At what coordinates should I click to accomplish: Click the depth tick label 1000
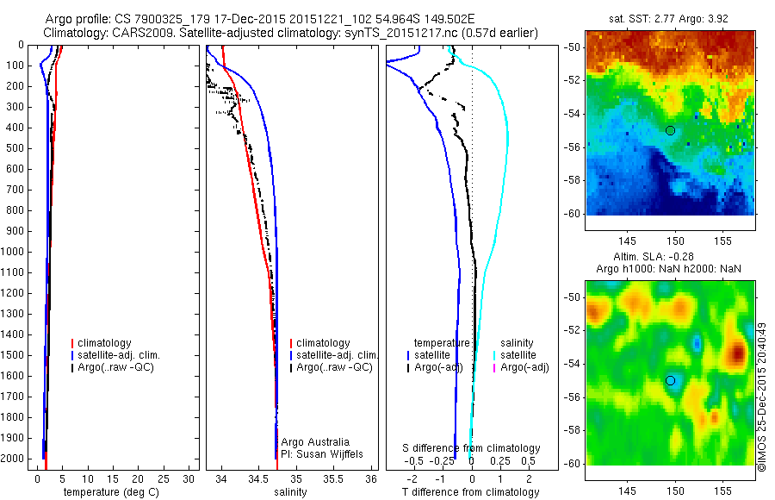point(13,252)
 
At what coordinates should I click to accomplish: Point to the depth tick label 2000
point(13,459)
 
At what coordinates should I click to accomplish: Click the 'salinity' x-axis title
point(289,492)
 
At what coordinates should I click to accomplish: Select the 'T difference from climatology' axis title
point(471,492)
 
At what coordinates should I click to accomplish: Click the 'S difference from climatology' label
point(472,448)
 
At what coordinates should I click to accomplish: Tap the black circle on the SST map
point(670,130)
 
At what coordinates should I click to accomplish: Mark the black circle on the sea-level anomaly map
point(670,380)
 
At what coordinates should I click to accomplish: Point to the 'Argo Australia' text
point(315,442)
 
